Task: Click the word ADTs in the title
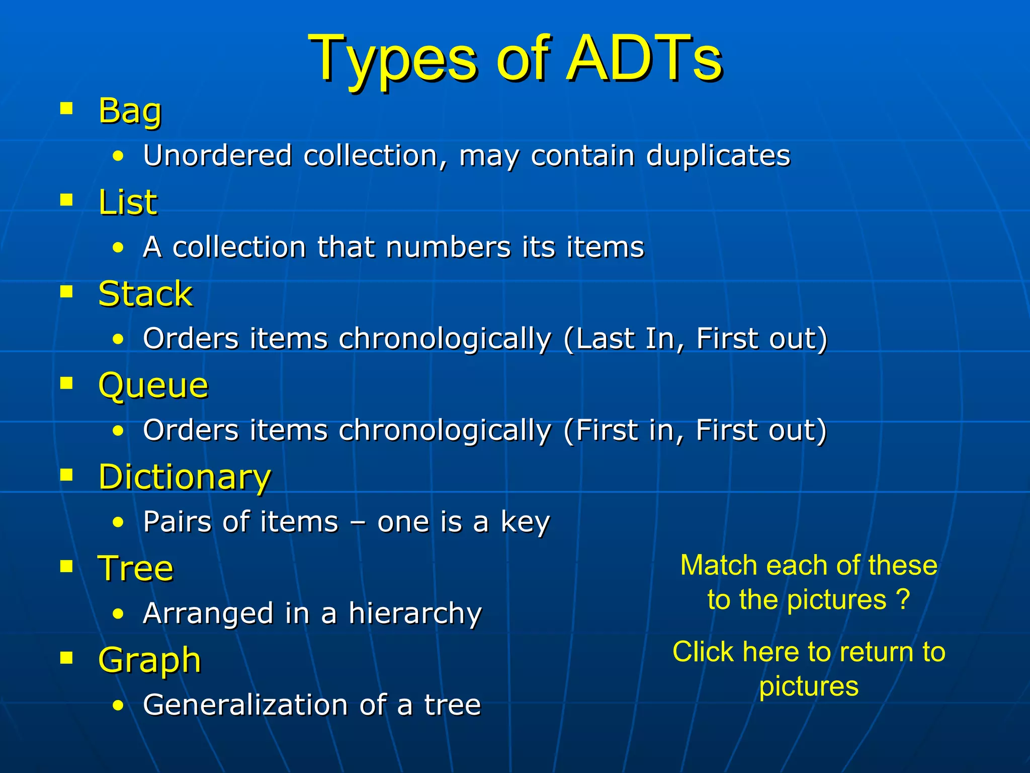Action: [645, 58]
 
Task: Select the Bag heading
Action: [130, 111]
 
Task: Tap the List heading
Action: [128, 202]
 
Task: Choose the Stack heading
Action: [145, 294]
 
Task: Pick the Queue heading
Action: [153, 386]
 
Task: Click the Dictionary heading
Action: [185, 477]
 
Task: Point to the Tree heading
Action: [136, 569]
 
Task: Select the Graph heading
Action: [150, 660]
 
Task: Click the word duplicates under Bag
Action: [718, 155]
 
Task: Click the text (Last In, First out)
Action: [695, 339]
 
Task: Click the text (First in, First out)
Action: [695, 431]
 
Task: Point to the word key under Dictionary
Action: [525, 522]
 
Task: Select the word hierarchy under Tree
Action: [415, 614]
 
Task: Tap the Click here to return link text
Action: [809, 652]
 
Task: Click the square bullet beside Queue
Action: [66, 383]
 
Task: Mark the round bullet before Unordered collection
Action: [118, 156]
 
